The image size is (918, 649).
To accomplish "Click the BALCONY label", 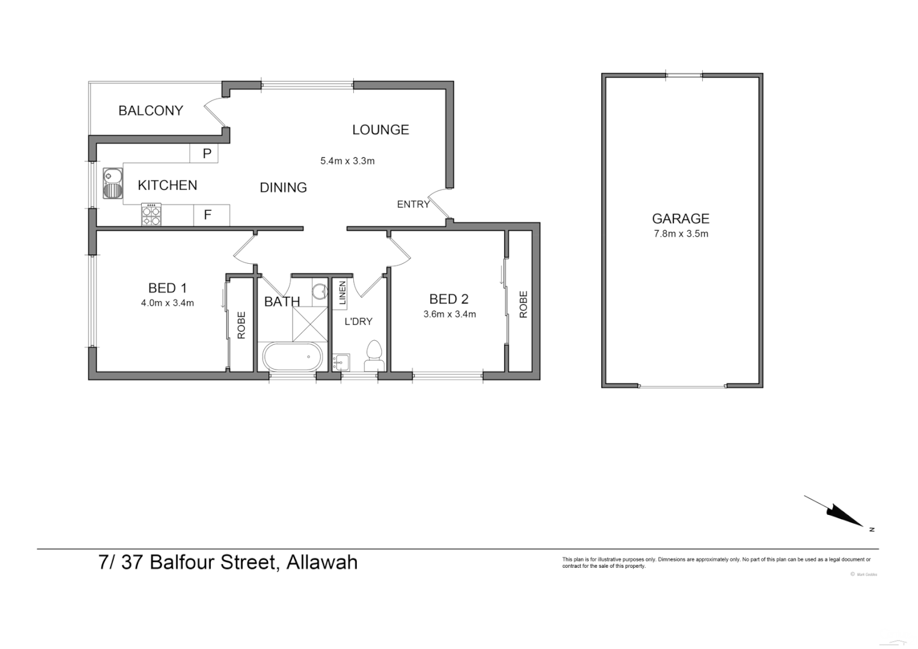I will tap(150, 111).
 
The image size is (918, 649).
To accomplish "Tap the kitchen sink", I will tap(112, 183).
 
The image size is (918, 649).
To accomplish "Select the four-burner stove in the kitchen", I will tap(151, 215).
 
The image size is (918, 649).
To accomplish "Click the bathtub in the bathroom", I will tap(293, 357).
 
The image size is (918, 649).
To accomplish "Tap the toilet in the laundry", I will tap(374, 356).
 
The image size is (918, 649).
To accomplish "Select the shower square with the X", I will tap(310, 324).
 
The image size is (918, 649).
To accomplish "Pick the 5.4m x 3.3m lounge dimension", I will tap(347, 161).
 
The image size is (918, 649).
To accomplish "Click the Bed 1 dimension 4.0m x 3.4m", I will tap(167, 303).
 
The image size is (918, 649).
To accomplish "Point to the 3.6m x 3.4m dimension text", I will tap(449, 314).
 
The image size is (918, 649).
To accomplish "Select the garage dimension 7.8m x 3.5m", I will tap(681, 234).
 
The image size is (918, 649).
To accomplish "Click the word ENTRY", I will tap(413, 204).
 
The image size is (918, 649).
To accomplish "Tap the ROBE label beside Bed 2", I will tap(523, 304).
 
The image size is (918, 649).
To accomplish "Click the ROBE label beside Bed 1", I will tap(242, 325).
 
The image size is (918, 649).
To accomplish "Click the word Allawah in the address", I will tap(322, 562).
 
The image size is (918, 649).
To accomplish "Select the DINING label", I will tap(283, 187).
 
